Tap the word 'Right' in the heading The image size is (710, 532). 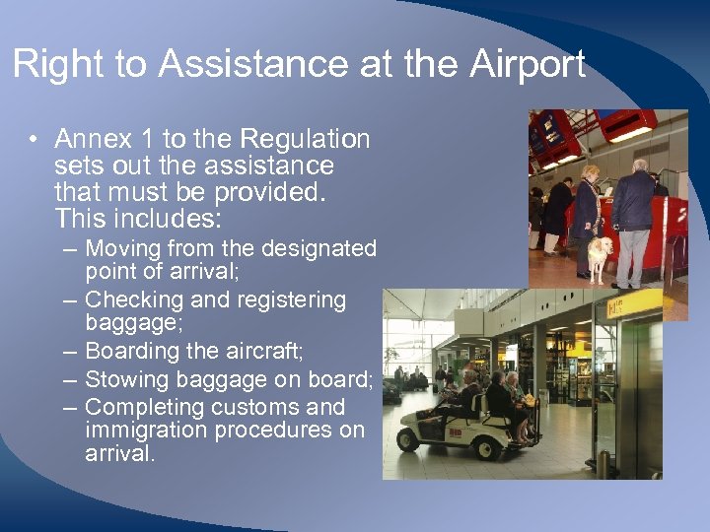point(56,65)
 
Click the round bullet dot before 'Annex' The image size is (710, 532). point(35,140)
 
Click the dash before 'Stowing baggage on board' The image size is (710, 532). point(70,379)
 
